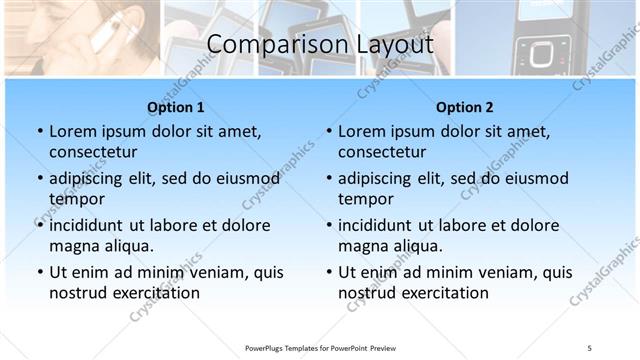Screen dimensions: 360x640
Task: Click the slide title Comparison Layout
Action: [x=320, y=45]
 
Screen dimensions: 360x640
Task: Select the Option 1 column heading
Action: [x=176, y=107]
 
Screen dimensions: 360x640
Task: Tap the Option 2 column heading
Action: [x=465, y=107]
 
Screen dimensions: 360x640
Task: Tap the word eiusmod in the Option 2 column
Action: [x=535, y=178]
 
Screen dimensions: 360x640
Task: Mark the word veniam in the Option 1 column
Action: [x=212, y=272]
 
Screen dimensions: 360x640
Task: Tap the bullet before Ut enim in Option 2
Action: [x=329, y=272]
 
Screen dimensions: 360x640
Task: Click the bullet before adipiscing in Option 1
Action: [x=39, y=178]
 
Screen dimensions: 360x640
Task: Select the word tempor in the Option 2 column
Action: [x=366, y=199]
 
